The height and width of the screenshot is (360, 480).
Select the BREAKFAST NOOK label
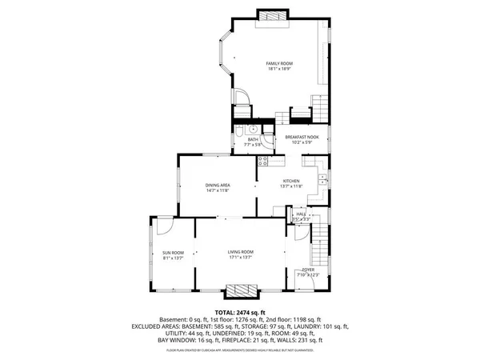[302, 137]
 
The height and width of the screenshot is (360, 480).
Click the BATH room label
[253, 140]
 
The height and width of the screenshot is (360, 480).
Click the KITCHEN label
[290, 182]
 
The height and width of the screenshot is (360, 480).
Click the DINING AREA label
[218, 186]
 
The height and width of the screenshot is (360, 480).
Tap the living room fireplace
[241, 291]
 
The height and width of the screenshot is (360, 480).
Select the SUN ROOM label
[174, 253]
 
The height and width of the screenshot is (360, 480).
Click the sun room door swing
[163, 226]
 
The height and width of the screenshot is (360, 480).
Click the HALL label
[301, 214]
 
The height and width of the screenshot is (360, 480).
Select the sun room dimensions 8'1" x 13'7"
[174, 259]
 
